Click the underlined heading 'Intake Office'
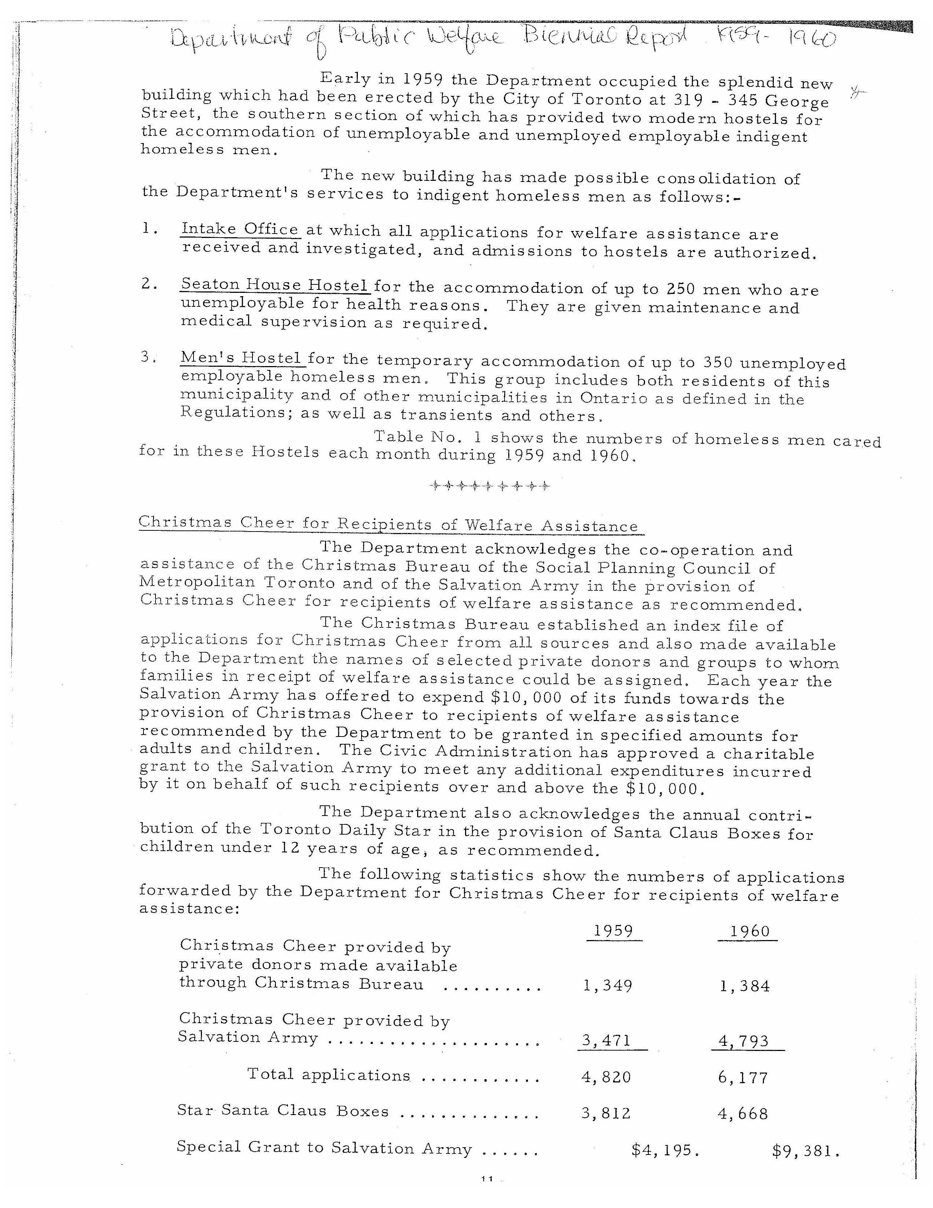(240, 229)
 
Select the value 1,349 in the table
(607, 986)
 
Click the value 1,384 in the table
(745, 986)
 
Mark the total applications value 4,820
(606, 1077)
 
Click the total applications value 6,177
(743, 1077)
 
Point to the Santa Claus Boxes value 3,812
(606, 1113)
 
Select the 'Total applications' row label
(329, 1075)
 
